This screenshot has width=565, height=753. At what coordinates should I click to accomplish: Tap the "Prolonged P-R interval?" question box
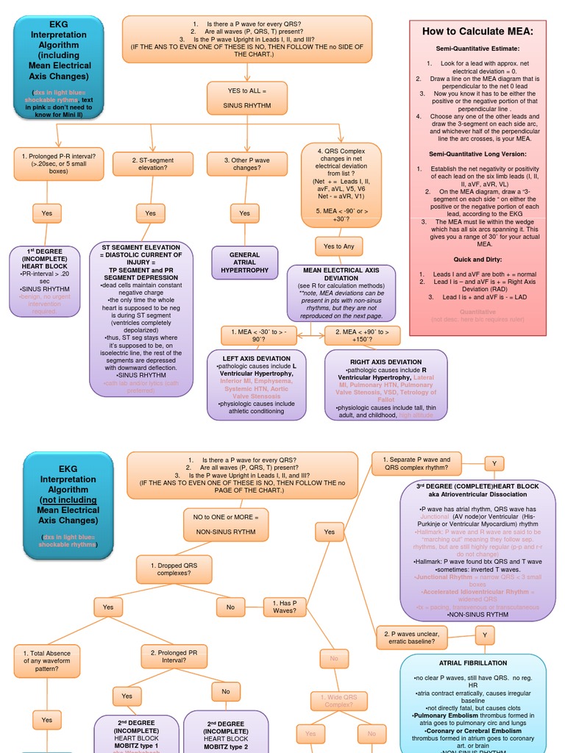58,163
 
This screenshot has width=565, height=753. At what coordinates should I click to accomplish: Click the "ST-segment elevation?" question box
152,164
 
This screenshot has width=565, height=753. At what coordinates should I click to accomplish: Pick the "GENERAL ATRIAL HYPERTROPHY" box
244,263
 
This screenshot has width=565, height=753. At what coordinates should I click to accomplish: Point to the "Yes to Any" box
338,246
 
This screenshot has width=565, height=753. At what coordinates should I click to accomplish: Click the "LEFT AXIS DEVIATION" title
252,359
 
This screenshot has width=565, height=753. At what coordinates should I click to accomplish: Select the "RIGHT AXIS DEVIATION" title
385,362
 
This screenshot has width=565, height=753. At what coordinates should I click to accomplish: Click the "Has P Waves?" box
284,606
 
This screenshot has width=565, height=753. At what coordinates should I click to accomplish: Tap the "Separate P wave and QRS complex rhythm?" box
416,463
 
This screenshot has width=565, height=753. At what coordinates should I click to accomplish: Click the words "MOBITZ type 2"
226,747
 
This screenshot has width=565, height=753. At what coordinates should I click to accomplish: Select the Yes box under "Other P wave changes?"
244,213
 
